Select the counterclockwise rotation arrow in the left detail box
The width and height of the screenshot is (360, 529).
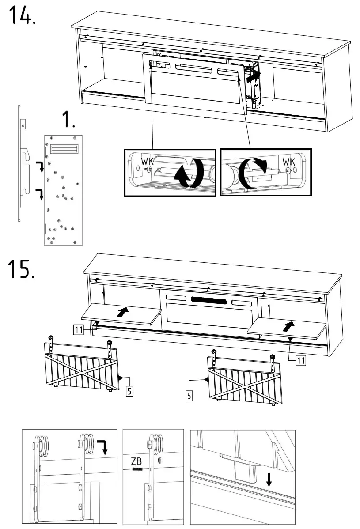pyautogui.click(x=188, y=174)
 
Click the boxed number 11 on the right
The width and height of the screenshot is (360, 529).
pyautogui.click(x=300, y=361)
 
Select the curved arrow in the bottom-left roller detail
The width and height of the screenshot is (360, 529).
pyautogui.click(x=103, y=447)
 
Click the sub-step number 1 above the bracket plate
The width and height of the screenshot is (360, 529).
pyautogui.click(x=67, y=120)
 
